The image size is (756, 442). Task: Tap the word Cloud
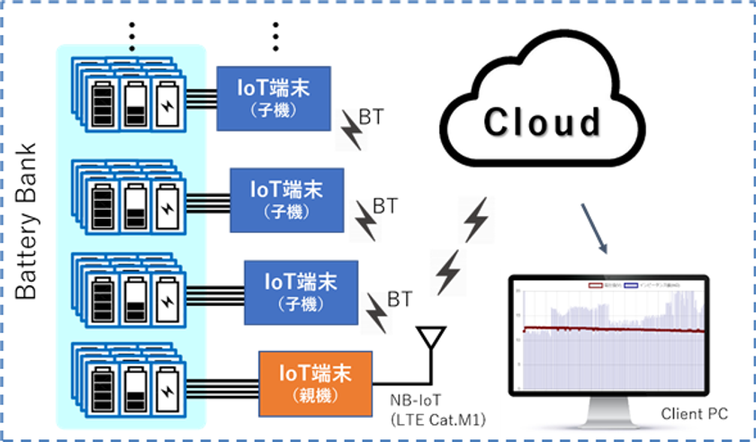pos(542,122)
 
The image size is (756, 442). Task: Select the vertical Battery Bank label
pos(26,220)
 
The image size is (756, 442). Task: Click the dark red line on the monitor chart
pos(612,330)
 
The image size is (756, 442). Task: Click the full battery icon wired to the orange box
pos(103,383)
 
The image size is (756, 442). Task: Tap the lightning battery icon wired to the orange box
pos(167,383)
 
